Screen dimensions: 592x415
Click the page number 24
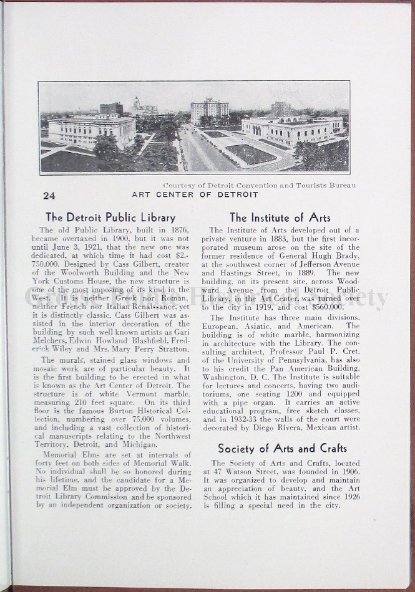tap(49, 195)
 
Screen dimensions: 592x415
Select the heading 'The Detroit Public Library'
tap(110, 217)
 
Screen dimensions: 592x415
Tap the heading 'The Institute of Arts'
tap(280, 217)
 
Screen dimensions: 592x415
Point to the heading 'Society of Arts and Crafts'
tap(282, 448)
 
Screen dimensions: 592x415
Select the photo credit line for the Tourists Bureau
tap(260, 185)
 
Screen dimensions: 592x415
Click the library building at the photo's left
tap(92, 130)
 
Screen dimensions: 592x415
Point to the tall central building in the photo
tap(209, 111)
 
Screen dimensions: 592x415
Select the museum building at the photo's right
tap(292, 130)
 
